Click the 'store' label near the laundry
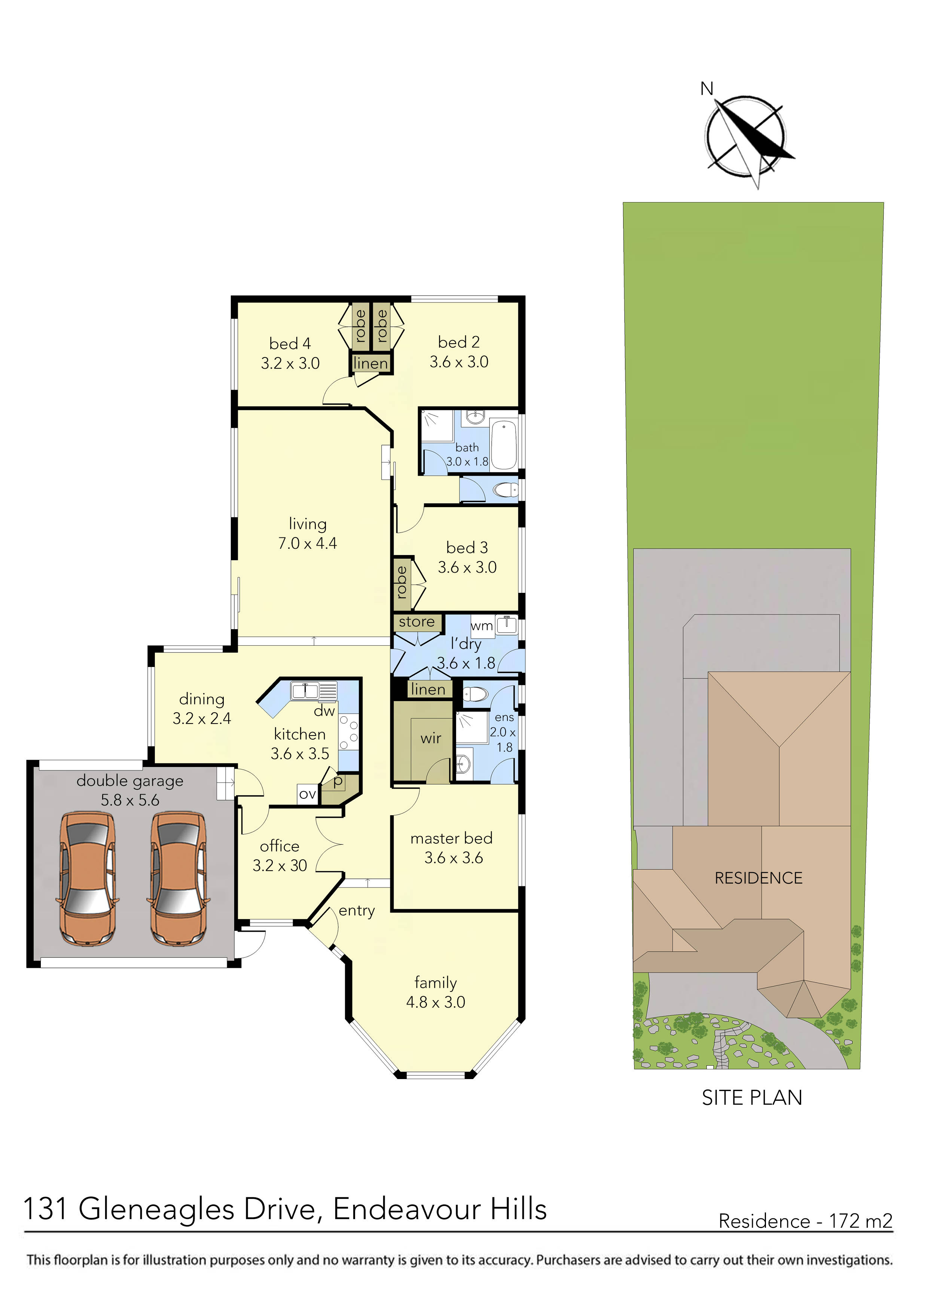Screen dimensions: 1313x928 pyautogui.click(x=417, y=622)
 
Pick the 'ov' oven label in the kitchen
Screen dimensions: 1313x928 pyautogui.click(x=308, y=794)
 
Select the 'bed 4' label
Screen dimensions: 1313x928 pyautogui.click(x=290, y=344)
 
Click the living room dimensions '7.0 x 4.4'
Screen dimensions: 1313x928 pyautogui.click(x=308, y=543)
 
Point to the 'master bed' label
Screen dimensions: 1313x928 pyautogui.click(x=451, y=838)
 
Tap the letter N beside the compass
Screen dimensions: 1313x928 pyautogui.click(x=707, y=89)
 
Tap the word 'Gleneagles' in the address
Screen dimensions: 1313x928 pyautogui.click(x=156, y=1209)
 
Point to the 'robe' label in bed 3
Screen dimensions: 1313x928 pyautogui.click(x=402, y=582)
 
